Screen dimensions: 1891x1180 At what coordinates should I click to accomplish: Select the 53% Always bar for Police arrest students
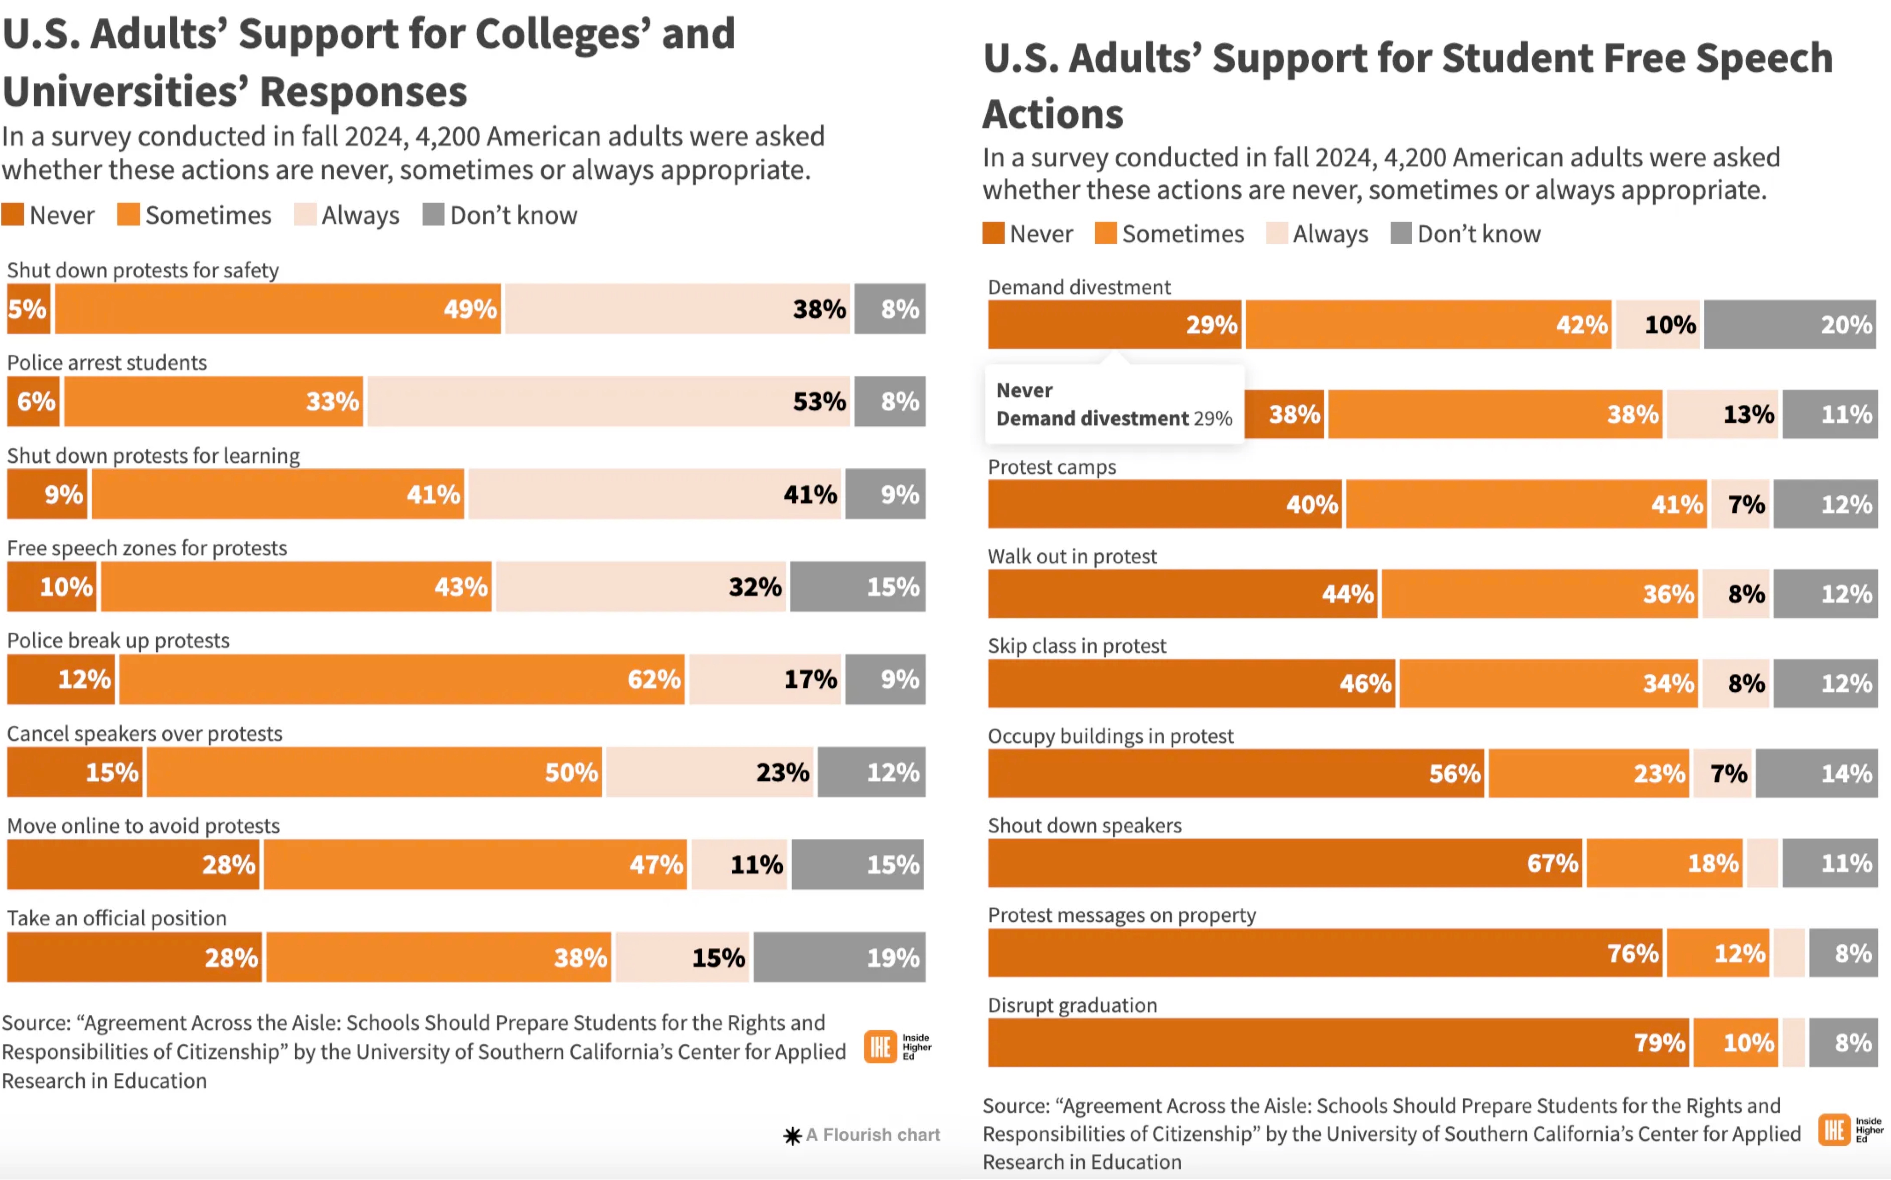609,401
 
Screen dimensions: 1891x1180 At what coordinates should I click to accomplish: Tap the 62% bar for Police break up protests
402,679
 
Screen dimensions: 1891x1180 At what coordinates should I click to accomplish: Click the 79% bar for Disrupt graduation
1338,1043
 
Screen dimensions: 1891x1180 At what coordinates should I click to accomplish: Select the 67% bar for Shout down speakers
1285,863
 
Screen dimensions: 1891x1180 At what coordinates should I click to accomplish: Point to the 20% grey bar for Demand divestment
1790,325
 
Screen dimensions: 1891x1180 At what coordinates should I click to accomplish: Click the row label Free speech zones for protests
147,548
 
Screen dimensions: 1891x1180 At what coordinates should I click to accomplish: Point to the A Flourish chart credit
862,1135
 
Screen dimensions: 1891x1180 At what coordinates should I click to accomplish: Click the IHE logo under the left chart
898,1047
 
